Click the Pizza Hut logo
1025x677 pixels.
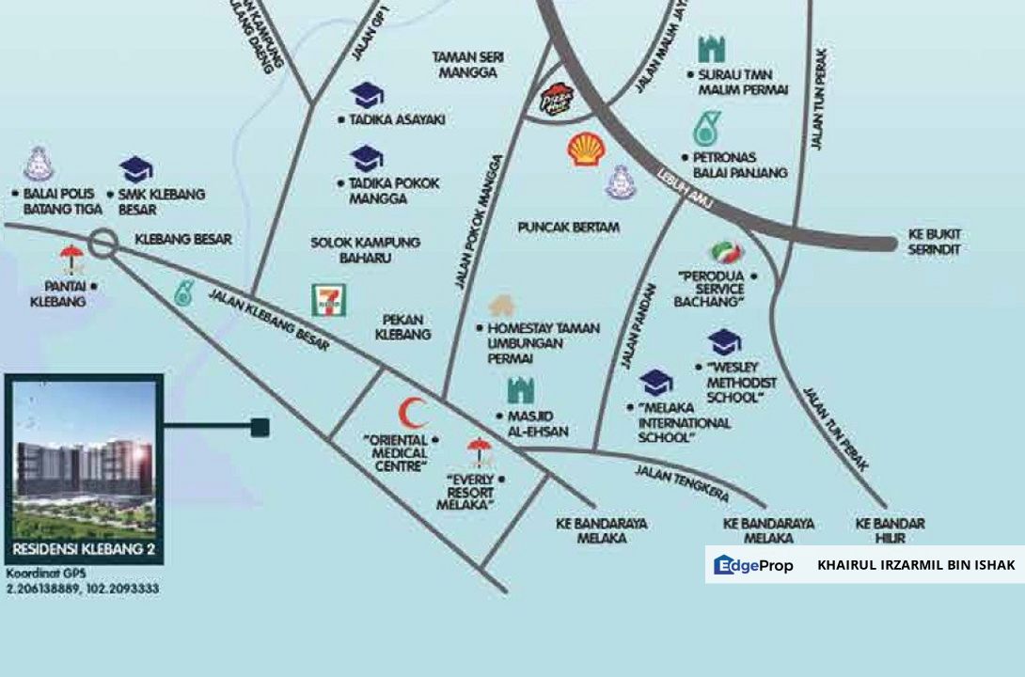pos(555,100)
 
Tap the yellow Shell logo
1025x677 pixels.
pos(586,150)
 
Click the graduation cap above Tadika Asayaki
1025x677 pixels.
pos(367,95)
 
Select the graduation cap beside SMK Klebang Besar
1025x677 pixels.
pos(136,170)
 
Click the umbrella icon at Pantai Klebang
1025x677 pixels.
pos(71,257)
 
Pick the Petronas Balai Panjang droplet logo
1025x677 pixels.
pos(702,129)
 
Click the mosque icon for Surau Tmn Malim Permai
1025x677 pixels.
pos(712,50)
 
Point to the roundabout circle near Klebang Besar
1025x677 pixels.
pos(102,244)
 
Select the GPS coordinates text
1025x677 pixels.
pos(82,581)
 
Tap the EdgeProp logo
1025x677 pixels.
pos(753,565)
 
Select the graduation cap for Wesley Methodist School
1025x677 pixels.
pos(724,342)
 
